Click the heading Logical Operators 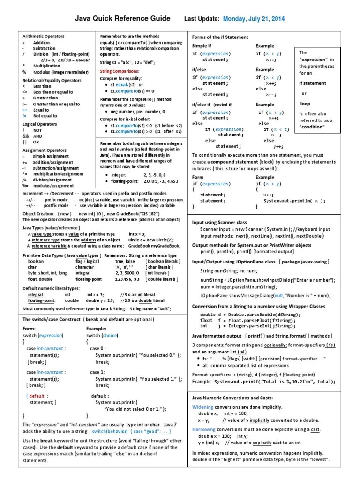[x=40, y=124]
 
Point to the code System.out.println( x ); [x=294, y=200]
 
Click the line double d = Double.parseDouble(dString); [x=250, y=315]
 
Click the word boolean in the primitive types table [x=36, y=261]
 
